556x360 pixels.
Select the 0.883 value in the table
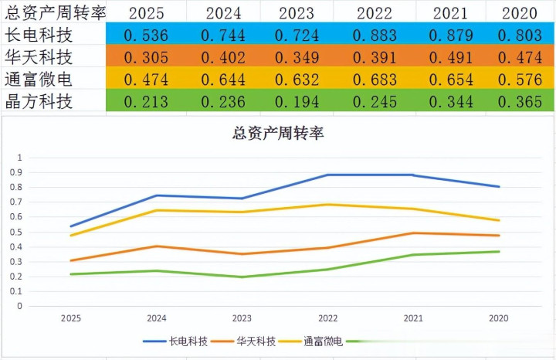pyautogui.click(x=375, y=35)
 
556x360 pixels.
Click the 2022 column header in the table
pyautogui.click(x=375, y=13)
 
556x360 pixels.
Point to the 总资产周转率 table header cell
pyautogui.click(x=54, y=12)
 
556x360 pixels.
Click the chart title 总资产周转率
pyautogui.click(x=278, y=133)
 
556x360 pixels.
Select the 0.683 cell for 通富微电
pyautogui.click(x=375, y=80)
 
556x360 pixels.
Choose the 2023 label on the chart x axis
pyautogui.click(x=242, y=318)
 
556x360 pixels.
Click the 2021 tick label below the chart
pyautogui.click(x=413, y=318)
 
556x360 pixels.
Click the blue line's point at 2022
pyautogui.click(x=327, y=175)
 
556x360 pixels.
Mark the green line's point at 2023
pyautogui.click(x=242, y=277)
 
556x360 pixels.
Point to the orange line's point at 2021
pyautogui.click(x=413, y=233)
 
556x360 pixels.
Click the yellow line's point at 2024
pyautogui.click(x=157, y=210)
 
